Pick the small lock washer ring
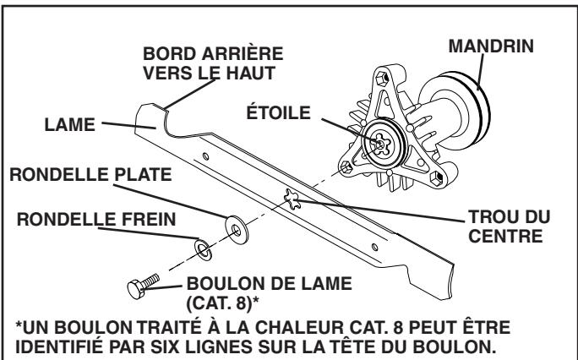coord(202,248)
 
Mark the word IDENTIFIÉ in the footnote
coord(67,345)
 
